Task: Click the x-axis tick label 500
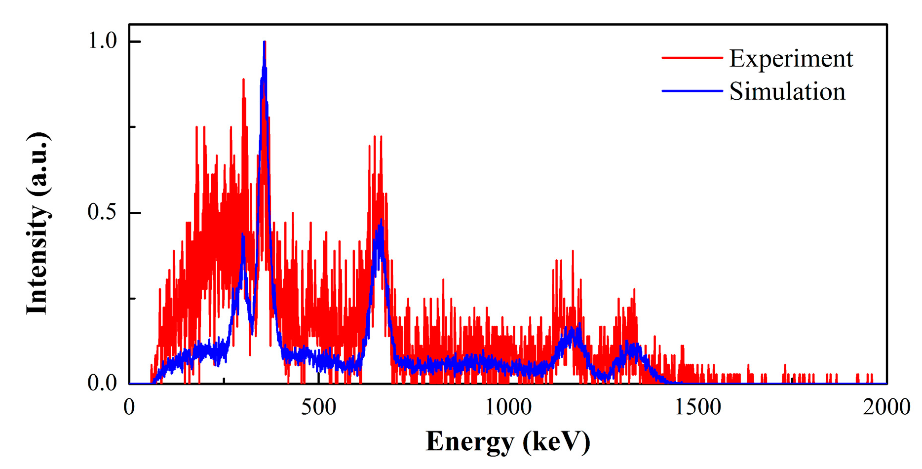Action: coord(318,408)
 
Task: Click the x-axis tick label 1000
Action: coord(508,408)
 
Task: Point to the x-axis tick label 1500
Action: coord(698,408)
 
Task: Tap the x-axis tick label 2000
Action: coord(886,408)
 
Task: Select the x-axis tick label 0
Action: coord(129,408)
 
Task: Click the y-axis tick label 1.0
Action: coord(102,41)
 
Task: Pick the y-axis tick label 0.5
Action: coord(102,212)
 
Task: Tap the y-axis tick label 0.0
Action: coord(102,383)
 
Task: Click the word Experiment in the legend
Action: coord(791,59)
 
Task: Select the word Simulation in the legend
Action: coord(787,92)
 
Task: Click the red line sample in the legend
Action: coord(692,58)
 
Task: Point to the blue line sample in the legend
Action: coord(692,91)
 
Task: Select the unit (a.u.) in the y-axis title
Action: coord(37,163)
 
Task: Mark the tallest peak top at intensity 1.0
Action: coord(265,42)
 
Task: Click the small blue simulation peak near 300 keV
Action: coord(243,235)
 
